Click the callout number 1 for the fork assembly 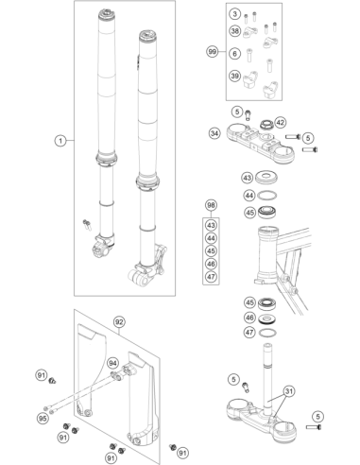coord(60,141)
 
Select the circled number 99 coord(213,51)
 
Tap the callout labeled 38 coord(235,31)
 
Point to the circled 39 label coord(235,76)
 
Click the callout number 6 coord(235,54)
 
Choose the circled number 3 coord(235,14)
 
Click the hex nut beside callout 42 coord(266,125)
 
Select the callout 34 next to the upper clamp coord(214,133)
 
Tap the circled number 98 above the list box coord(211,205)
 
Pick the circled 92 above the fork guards coord(119,322)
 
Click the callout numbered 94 coord(112,363)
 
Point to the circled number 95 coord(43,419)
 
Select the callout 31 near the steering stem coord(289,391)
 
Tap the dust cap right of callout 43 coord(267,178)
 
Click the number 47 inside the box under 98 coord(211,277)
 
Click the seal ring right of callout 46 coord(267,318)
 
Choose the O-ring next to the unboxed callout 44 coord(267,196)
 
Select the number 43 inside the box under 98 coord(211,225)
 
